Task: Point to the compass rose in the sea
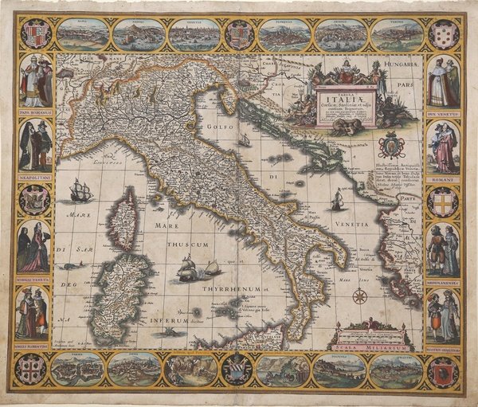[x=359, y=296]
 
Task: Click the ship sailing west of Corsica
[x=80, y=190]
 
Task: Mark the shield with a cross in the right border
[x=442, y=202]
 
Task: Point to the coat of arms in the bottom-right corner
[x=442, y=371]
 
